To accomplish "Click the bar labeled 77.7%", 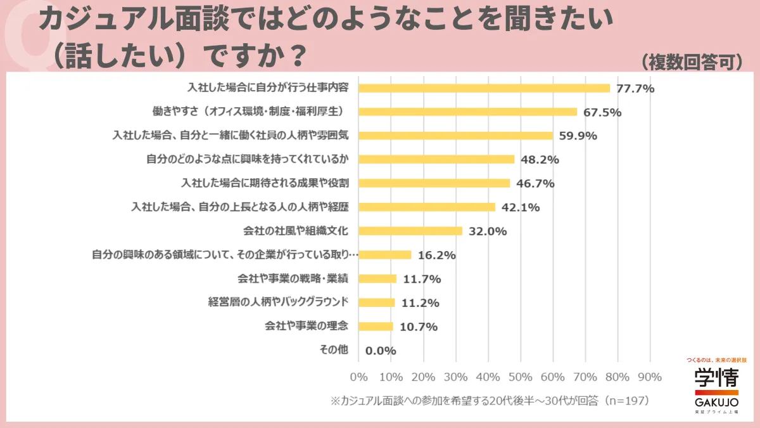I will tap(484, 88).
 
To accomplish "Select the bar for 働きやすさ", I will tap(468, 112).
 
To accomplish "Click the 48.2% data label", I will tap(540, 160).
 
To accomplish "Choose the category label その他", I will tap(334, 350).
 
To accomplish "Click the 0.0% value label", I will tap(381, 351).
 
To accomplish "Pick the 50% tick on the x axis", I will tap(521, 377).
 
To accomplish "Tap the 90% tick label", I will tap(650, 377).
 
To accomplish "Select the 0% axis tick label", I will tap(359, 377).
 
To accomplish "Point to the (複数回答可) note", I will tap(691, 62).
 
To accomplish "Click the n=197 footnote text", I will tap(627, 401).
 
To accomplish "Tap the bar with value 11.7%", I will tap(377, 278).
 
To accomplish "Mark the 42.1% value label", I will tap(521, 207).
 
